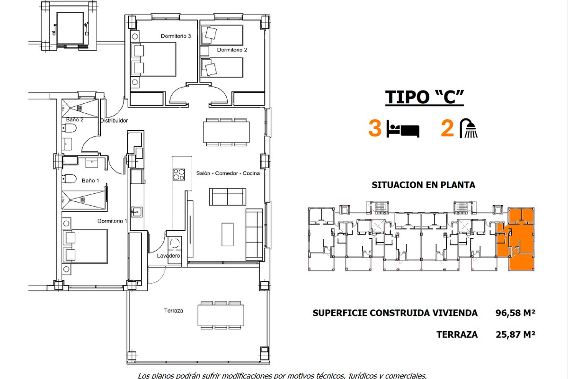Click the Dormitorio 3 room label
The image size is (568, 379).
point(176,36)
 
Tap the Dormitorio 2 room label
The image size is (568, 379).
point(232,50)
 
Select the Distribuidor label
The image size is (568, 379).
point(114,121)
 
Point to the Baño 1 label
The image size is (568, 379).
point(90,180)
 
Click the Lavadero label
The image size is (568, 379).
point(169,256)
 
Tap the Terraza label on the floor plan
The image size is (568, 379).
point(173,310)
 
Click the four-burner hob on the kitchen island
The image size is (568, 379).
point(178,174)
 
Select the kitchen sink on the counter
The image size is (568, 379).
point(136,212)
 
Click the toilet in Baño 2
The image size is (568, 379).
point(69,128)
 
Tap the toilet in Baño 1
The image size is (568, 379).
point(69,179)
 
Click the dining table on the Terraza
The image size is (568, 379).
point(221,316)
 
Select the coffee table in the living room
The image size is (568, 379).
point(228,235)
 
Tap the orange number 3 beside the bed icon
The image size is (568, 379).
point(375,128)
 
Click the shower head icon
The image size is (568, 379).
point(469,128)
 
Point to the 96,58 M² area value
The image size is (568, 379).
point(515,313)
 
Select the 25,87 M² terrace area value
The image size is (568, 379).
point(515,334)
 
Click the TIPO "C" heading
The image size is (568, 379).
point(425,97)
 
